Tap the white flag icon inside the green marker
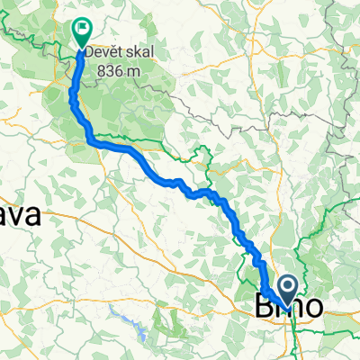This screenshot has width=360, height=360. coord(83,29)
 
